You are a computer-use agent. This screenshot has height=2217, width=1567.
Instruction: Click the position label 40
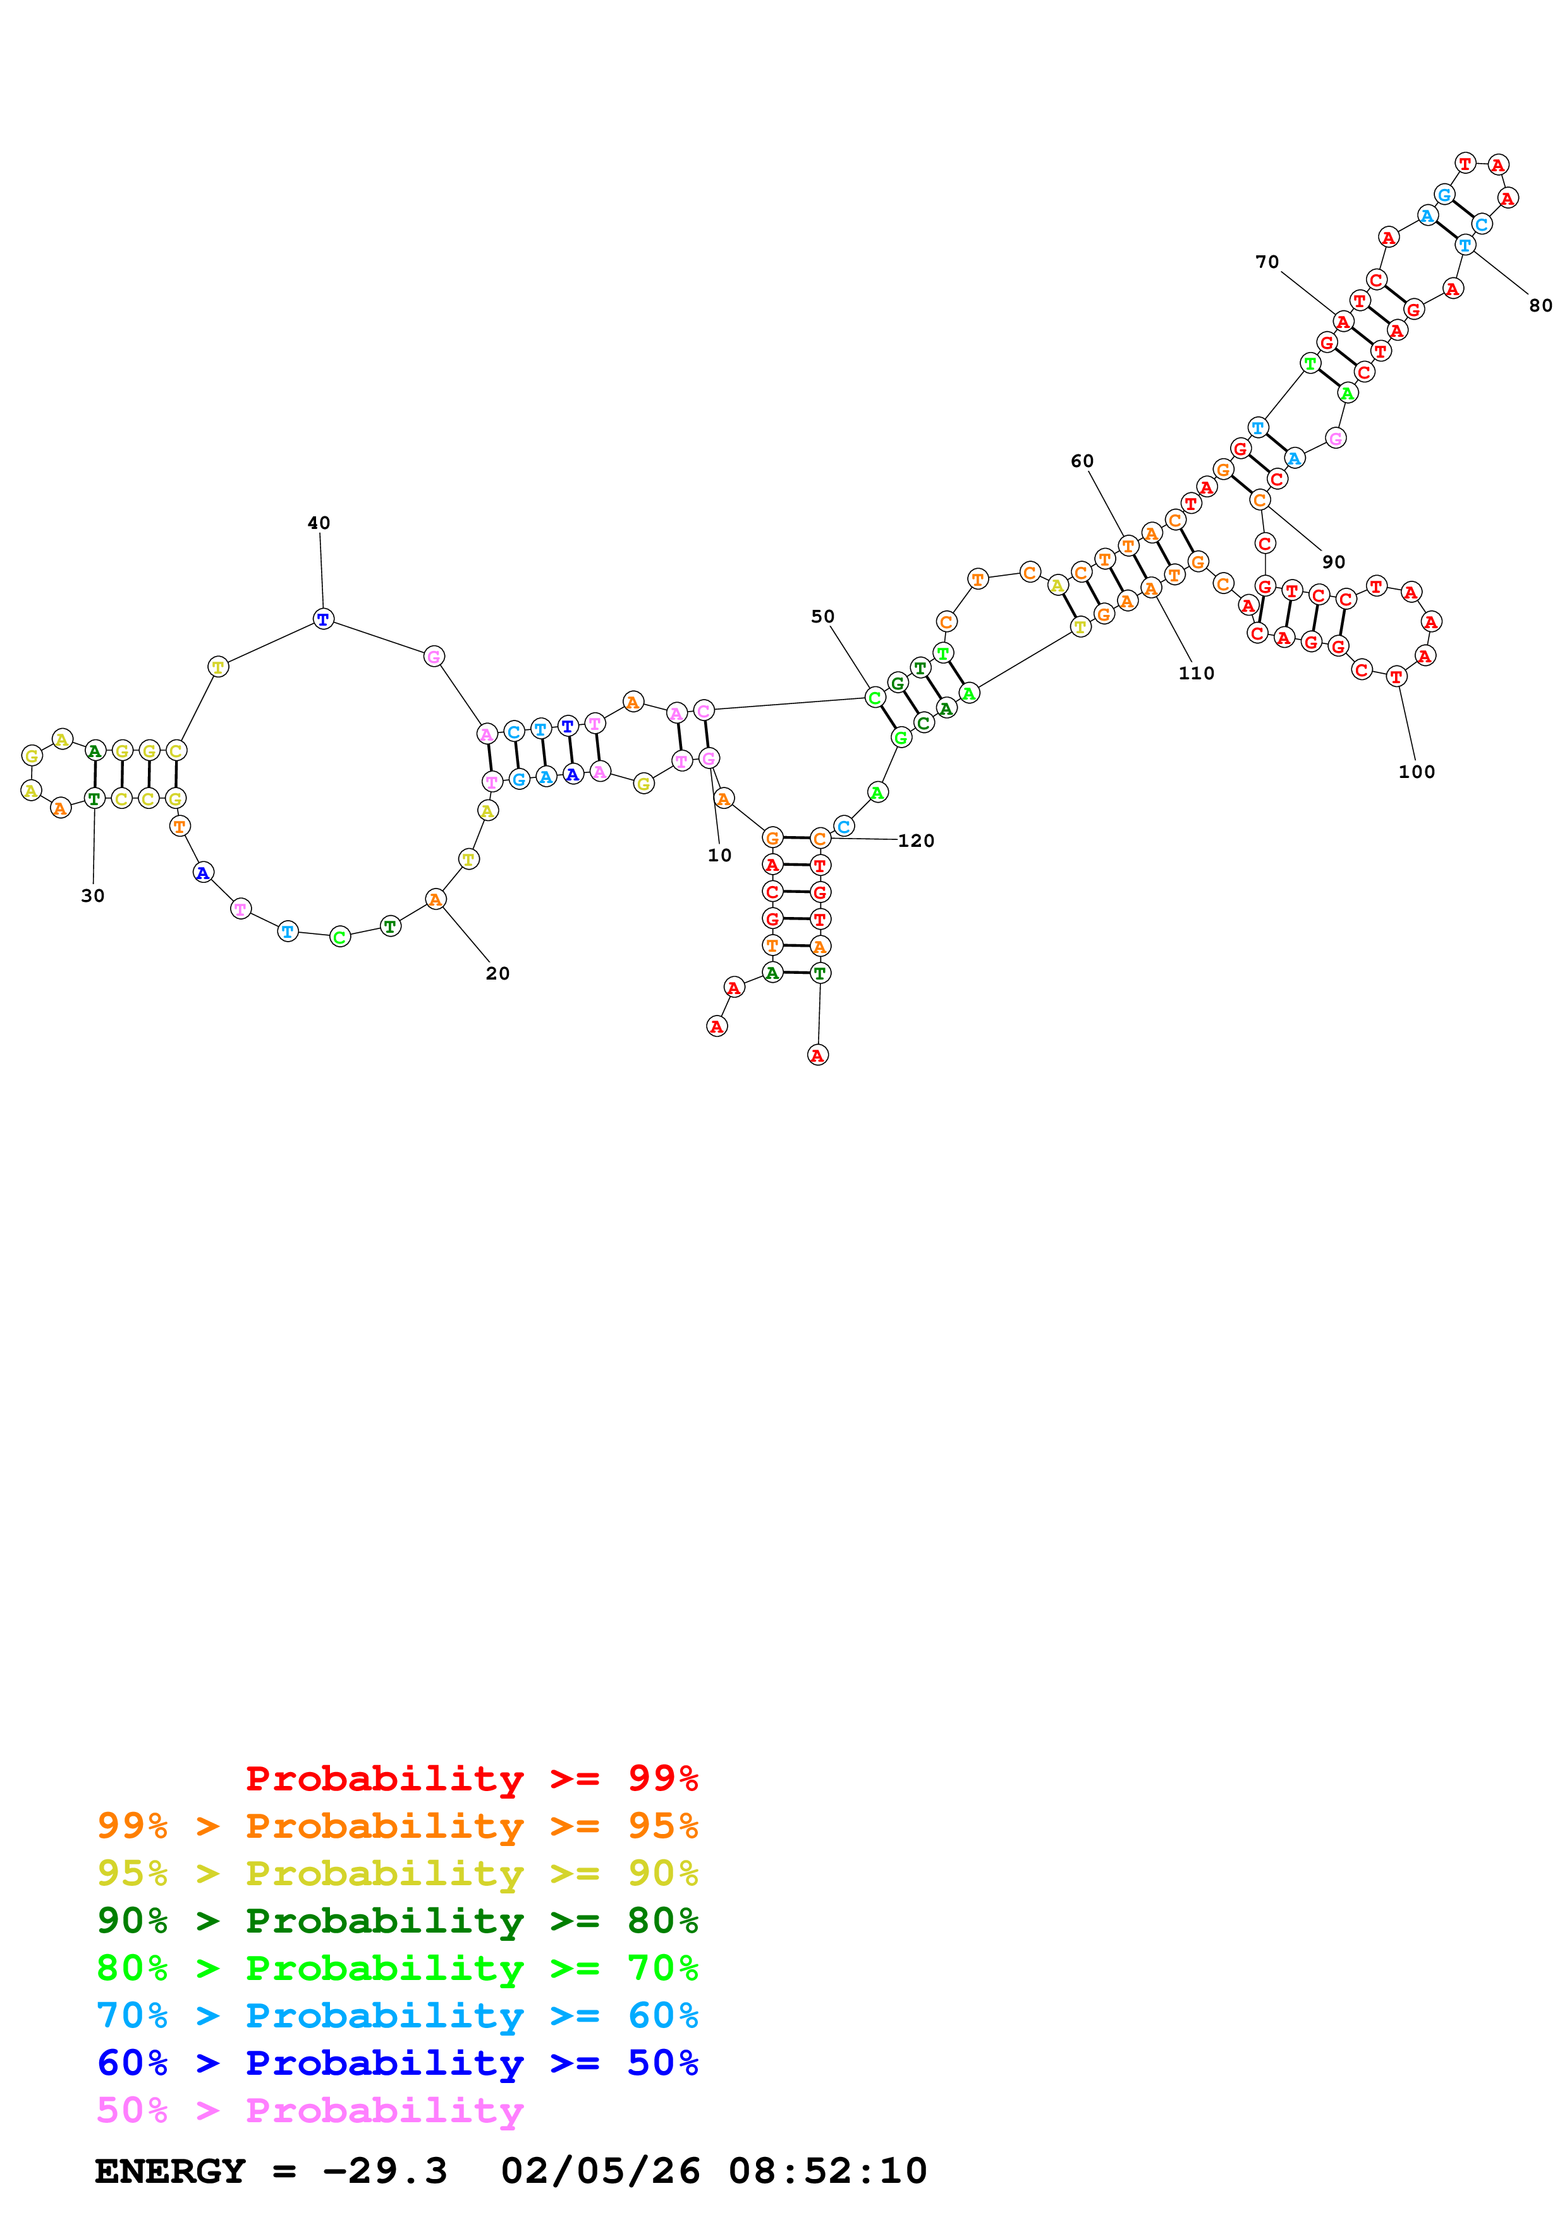(319, 523)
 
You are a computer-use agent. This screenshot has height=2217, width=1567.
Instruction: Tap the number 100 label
(1417, 772)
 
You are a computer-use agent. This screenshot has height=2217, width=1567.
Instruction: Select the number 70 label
(1267, 262)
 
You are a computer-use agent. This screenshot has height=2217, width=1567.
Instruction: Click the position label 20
(497, 973)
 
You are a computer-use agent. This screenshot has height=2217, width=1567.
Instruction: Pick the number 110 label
(1196, 673)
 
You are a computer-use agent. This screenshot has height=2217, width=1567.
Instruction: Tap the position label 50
(822, 616)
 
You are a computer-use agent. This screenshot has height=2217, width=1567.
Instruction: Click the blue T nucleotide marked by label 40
(324, 619)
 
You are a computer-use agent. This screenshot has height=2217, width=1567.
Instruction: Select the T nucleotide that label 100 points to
(1396, 677)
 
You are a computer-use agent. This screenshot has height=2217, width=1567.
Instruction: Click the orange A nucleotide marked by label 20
(436, 900)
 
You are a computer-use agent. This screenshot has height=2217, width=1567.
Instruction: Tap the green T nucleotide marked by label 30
(94, 799)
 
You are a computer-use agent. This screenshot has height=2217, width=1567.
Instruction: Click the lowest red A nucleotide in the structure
(818, 1055)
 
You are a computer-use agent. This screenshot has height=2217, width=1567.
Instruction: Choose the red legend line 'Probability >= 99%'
(471, 1778)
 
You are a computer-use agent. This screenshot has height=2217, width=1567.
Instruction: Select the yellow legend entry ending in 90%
(397, 1873)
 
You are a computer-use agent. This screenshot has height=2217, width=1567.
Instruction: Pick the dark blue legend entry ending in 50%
(397, 2063)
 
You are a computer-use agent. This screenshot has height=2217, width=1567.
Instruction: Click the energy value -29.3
(384, 2171)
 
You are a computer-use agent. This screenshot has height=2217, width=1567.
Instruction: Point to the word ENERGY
(170, 2171)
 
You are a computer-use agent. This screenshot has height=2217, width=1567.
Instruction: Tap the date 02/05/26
(600, 2171)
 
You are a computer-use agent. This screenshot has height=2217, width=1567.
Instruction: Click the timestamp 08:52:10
(827, 2171)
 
